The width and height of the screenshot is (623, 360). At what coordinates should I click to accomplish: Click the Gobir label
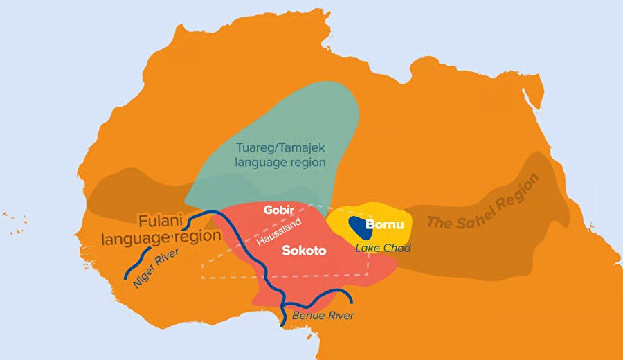(279, 209)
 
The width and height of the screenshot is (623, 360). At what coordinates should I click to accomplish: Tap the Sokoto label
(304, 251)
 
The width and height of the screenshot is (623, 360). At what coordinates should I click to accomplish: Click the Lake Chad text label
(383, 248)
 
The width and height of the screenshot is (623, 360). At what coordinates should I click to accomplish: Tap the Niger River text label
(156, 263)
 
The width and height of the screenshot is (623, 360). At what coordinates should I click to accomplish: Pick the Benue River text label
(323, 316)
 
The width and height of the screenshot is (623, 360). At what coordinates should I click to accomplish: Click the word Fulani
(161, 222)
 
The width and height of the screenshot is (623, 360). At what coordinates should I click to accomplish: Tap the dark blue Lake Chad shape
(358, 224)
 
